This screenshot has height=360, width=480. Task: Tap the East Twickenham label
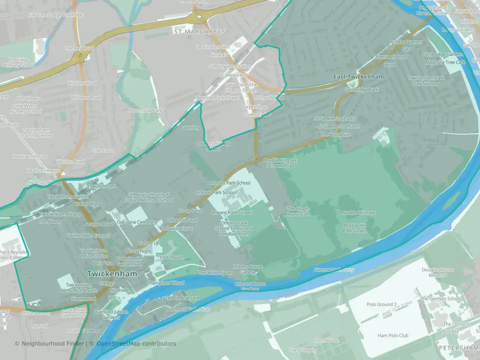click(x=358, y=77)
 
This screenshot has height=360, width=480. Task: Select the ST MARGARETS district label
click(x=198, y=31)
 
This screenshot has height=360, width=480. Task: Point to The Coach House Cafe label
click(x=298, y=211)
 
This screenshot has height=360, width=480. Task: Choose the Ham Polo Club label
click(x=393, y=335)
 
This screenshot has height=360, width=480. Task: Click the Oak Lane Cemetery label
click(x=136, y=221)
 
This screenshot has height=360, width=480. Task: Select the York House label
click(x=171, y=257)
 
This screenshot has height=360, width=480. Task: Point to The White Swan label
click(x=215, y=273)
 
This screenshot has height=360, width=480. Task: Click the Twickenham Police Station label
click(x=94, y=253)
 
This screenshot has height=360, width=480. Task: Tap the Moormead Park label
click(x=145, y=110)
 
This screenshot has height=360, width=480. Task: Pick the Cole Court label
click(x=103, y=150)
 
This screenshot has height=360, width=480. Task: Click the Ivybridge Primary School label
click(x=18, y=62)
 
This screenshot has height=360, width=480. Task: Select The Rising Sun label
click(x=336, y=134)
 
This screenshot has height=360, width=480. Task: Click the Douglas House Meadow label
click(x=437, y=272)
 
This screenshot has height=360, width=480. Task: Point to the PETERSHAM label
click(x=458, y=347)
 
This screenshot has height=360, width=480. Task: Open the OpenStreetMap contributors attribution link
click(x=136, y=343)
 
